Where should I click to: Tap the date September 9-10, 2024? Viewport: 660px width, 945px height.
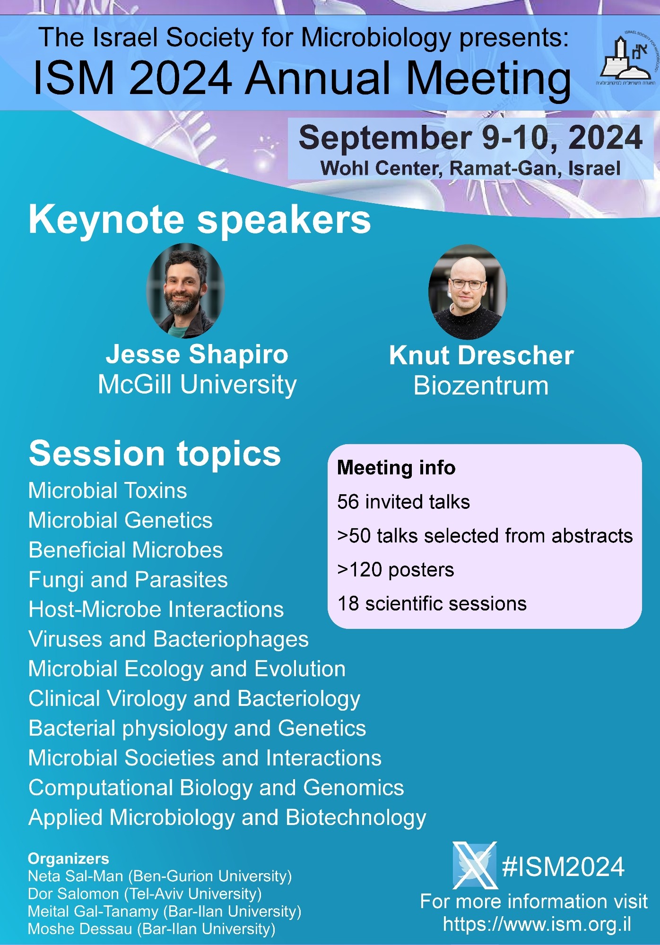470,137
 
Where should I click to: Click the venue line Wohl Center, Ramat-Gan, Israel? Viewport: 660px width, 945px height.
470,168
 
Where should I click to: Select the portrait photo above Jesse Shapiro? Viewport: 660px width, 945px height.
185,291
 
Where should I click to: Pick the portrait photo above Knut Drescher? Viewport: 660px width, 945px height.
468,292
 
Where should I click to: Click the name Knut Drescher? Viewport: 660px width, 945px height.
481,355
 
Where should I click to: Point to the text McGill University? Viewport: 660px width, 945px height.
197,384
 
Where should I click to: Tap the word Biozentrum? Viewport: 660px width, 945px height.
481,386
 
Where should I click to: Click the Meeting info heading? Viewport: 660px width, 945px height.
396,467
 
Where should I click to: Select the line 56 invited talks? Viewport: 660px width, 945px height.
403,502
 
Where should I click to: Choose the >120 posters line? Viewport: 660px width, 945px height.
395,570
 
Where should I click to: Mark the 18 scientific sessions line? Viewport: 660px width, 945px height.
432,604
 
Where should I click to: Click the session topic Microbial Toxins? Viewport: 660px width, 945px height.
108,490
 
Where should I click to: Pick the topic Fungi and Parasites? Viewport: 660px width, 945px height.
128,580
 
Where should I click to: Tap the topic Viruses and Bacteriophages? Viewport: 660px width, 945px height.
168,639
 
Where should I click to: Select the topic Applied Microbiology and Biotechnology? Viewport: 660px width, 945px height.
227,818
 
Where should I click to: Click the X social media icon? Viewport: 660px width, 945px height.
475,865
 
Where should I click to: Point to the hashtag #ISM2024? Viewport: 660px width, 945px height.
563,867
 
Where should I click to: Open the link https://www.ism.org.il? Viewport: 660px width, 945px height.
537,924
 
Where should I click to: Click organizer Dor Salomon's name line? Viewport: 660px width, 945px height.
145,893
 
